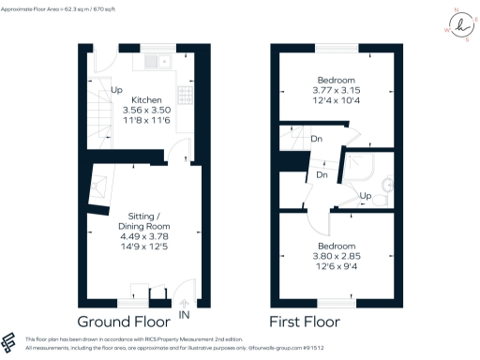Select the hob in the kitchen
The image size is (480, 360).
(x=185, y=98)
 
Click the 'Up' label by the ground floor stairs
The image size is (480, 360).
(x=116, y=90)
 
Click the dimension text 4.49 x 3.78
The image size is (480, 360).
(x=142, y=236)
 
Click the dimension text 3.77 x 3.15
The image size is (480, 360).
(x=335, y=90)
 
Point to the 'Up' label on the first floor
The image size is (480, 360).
(x=367, y=196)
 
